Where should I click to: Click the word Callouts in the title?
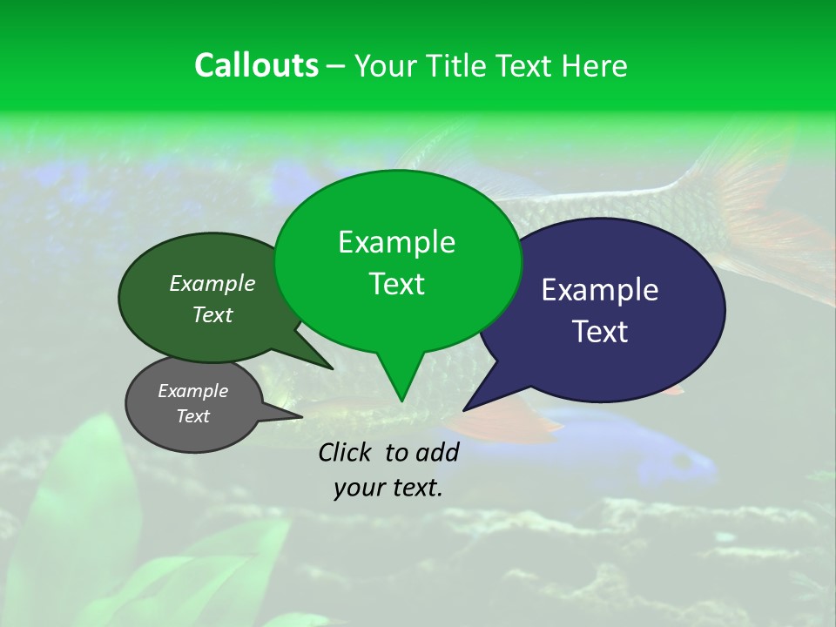click(256, 65)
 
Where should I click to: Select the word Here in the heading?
click(594, 66)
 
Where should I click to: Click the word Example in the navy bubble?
click(600, 290)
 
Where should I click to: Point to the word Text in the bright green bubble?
click(397, 284)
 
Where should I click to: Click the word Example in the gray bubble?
click(192, 391)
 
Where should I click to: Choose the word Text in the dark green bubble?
click(212, 315)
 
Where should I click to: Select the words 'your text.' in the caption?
click(388, 488)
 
